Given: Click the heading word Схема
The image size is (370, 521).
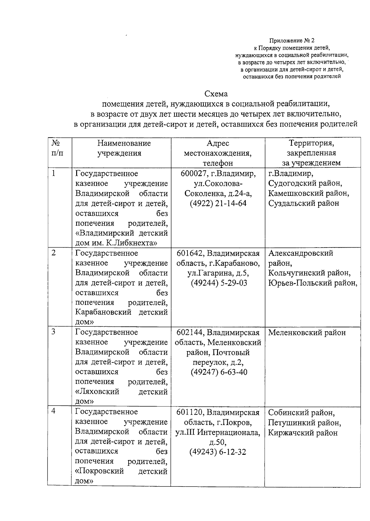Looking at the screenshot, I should click(x=216, y=94).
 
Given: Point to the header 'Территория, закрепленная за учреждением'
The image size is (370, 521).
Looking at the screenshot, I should click(x=311, y=153).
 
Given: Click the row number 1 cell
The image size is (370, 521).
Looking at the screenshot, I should click(x=54, y=174).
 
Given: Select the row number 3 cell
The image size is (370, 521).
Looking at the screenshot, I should click(x=54, y=332).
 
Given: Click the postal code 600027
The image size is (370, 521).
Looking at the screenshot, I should click(x=193, y=174).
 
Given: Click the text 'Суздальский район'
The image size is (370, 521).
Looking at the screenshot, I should click(x=303, y=203).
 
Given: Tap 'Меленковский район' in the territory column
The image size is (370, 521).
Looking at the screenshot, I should click(x=307, y=333).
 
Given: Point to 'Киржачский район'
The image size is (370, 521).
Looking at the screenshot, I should click(x=303, y=433).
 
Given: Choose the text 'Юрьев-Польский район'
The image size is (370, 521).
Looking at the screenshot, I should click(x=312, y=283).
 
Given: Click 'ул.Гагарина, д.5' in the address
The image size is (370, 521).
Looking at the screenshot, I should click(x=218, y=273).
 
